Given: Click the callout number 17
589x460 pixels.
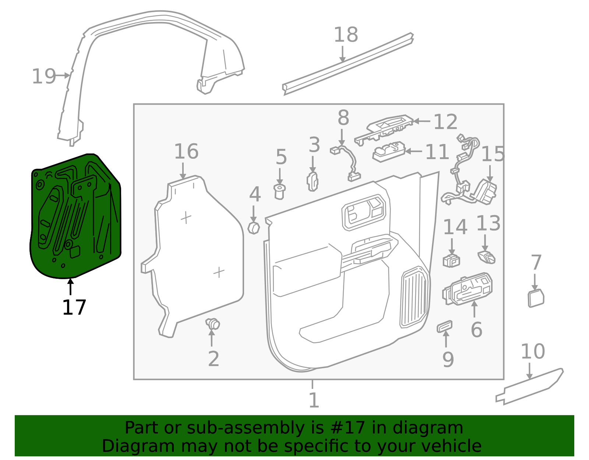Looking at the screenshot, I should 74,308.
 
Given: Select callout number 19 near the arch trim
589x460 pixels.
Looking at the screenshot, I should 44,77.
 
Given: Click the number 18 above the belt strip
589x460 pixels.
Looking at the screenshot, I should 346,35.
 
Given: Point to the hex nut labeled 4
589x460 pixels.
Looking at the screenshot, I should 254,228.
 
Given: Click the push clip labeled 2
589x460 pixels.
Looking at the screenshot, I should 213,324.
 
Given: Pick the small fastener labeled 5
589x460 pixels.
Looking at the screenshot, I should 280,192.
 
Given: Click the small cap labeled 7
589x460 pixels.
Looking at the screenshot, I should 536,298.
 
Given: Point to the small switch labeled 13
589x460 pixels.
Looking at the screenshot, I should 486,257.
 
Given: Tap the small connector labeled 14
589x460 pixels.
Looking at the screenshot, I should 451,260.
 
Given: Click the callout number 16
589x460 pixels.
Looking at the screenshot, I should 186,151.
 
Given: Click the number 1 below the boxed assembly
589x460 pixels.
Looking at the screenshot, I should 313,400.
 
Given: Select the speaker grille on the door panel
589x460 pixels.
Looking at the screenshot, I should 415,297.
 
